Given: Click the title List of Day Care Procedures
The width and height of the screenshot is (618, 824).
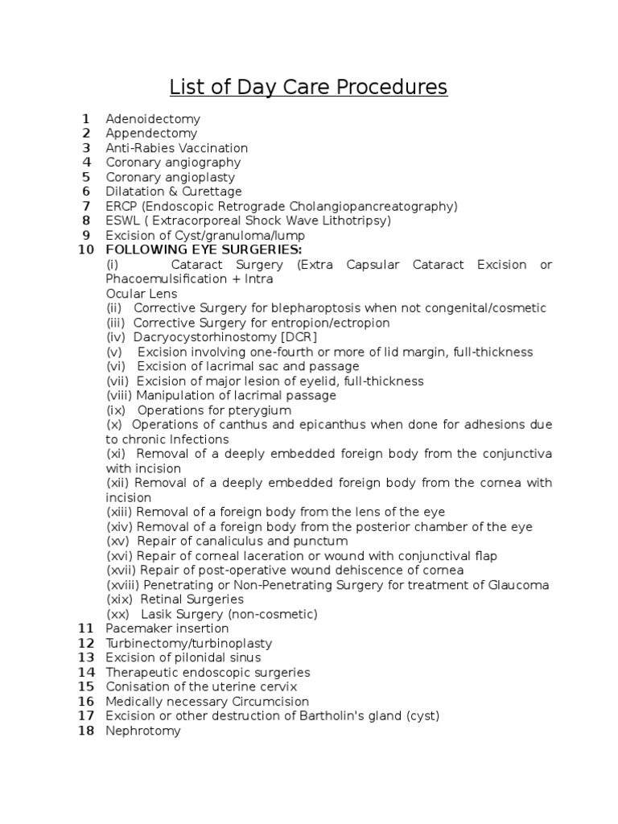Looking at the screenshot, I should tap(308, 87).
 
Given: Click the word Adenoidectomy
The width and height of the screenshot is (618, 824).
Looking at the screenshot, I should tap(153, 119).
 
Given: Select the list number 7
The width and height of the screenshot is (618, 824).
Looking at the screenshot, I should tap(86, 206).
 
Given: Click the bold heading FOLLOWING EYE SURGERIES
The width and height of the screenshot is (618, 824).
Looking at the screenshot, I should tap(204, 250).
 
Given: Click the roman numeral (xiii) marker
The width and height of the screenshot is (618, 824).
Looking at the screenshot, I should tap(120, 513).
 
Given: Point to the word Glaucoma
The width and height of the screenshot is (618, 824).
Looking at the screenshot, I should tap(518, 585).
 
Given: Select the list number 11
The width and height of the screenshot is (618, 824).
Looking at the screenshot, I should tap(86, 628).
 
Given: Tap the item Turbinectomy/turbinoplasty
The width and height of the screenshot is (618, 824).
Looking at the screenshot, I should tap(189, 643).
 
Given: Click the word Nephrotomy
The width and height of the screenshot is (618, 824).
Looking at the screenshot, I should tap(143, 731).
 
